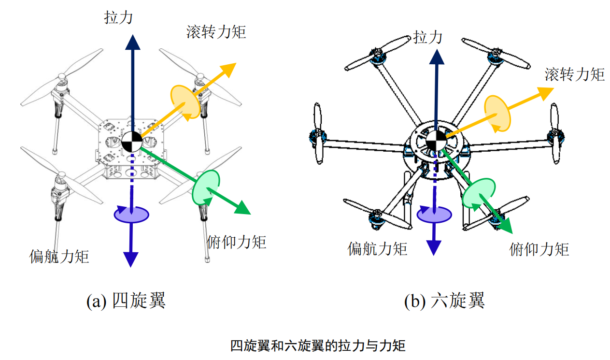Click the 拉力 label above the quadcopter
point(118,17)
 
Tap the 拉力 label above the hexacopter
point(428,37)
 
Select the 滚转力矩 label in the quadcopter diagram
point(216,32)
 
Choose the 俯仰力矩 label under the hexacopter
point(539,249)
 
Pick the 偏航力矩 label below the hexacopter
point(377,248)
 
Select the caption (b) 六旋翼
point(444,301)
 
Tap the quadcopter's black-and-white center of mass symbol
point(131,142)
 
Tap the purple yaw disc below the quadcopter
point(131,214)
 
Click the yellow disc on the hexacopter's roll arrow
point(498,113)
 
